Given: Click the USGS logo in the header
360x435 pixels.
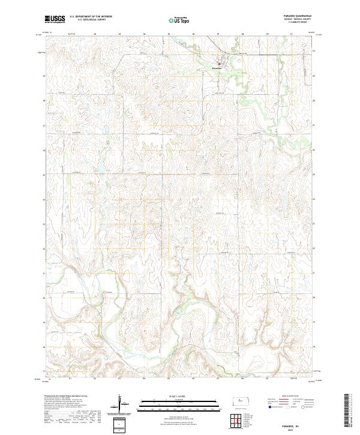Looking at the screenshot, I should click(x=55, y=20).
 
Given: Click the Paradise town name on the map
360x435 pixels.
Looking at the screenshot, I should click(x=217, y=68).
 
